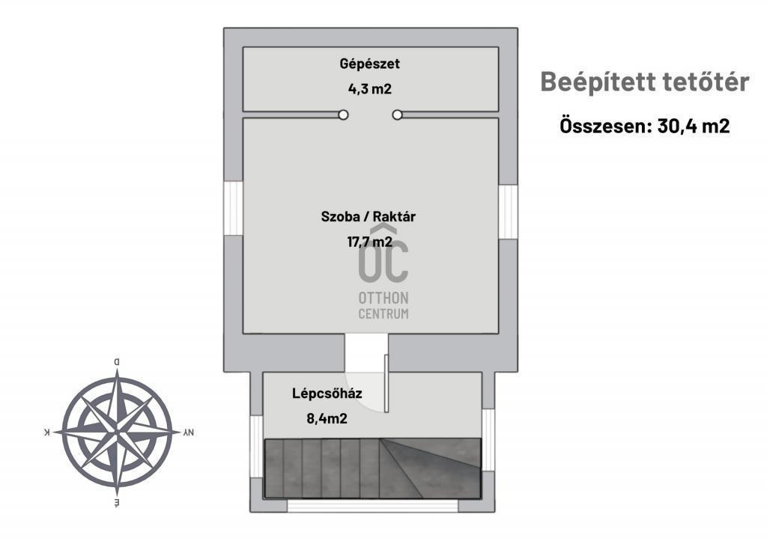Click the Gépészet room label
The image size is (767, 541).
pos(369,64)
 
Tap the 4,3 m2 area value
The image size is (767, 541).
pos(370,89)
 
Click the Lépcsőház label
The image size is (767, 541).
pos(321,393)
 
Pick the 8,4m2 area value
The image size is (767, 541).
pos(327,418)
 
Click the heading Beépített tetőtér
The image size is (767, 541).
pos(644,82)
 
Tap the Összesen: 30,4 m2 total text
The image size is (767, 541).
pos(644,126)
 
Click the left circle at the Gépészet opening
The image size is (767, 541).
pos(343,114)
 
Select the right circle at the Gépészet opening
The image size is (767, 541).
pos(398,114)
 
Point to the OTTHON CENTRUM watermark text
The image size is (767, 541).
pos(383,305)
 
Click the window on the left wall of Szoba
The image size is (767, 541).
pos(234,209)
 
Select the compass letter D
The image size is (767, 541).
pos(116,362)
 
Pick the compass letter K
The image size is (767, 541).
pos(48,433)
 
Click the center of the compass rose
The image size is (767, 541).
pos(117,433)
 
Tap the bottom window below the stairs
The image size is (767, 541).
pos(372,505)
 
